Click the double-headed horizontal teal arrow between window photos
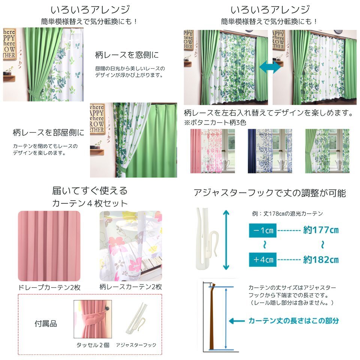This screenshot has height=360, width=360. point(270,68)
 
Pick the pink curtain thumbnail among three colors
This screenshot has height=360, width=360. point(212,151)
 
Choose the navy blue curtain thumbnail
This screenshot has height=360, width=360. point(270,151)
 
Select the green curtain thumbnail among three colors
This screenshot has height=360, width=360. point(327,151)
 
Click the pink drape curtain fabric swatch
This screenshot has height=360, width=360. point(49,246)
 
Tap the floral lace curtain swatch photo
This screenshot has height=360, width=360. point(130,246)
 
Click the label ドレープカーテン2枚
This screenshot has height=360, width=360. point(49,287)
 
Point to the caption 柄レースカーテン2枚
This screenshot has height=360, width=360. point(130,287)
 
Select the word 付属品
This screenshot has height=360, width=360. point(46,324)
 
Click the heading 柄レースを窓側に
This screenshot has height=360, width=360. point(127,55)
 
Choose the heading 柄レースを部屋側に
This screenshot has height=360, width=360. point(49,132)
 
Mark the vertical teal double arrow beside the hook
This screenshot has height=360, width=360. point(226,240)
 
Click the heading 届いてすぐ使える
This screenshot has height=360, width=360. point(90,190)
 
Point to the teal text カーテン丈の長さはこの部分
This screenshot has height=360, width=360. point(294,321)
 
